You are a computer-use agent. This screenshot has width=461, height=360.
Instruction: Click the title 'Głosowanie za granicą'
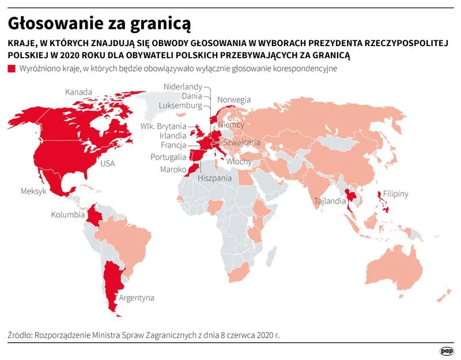pos(99,24)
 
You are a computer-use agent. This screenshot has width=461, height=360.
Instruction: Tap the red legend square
pos(12,69)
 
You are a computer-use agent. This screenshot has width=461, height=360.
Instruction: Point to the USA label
pos(108,164)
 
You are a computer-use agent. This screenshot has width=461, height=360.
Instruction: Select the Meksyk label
pos(33,191)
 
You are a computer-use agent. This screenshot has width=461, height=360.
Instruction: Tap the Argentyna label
pos(137,298)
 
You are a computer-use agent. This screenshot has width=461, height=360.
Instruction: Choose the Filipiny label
pos(393,194)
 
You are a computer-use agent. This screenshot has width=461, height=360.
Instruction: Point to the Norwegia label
pos(234,100)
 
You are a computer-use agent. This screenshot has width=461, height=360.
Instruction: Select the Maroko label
pos(173,169)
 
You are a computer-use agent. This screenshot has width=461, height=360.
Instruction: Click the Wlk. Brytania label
pos(163,126)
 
